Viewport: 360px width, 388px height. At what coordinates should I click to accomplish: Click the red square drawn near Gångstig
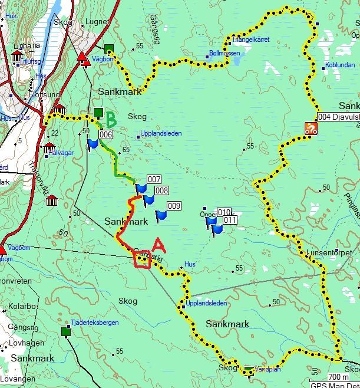click(141, 259)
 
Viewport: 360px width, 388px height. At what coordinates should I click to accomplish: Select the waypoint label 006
click(106, 135)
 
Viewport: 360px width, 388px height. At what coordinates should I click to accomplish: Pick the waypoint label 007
click(154, 179)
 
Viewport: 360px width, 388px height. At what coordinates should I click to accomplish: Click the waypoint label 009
click(173, 206)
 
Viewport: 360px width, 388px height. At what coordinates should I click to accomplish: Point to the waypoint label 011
click(230, 220)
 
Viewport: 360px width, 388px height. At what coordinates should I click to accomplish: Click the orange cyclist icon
click(311, 129)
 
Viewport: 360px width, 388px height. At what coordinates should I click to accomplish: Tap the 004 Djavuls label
click(338, 117)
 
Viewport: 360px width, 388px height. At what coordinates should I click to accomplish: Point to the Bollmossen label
click(225, 53)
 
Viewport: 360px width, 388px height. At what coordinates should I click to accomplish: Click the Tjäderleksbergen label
click(94, 323)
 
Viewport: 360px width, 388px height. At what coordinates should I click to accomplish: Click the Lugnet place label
click(97, 22)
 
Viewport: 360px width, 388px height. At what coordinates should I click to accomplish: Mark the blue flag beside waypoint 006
click(93, 144)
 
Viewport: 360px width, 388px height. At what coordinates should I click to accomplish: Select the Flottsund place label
click(45, 94)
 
